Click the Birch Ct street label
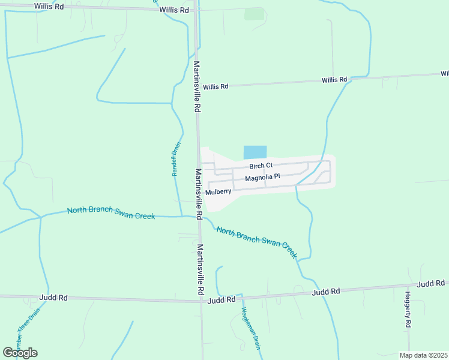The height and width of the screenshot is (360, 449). [x=261, y=166]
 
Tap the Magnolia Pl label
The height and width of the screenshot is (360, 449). [x=262, y=178]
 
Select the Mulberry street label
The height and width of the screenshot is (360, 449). [x=218, y=192]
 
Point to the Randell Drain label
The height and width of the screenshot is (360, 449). [x=175, y=158]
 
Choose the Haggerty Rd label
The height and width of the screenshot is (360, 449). [x=407, y=310]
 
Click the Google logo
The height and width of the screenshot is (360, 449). [x=20, y=353]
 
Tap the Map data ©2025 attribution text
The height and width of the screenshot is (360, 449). [x=423, y=355]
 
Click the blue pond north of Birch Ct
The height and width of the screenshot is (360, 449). [x=255, y=152]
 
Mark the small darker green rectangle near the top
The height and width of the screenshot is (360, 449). [x=254, y=14]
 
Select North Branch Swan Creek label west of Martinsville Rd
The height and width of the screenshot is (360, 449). [x=111, y=212]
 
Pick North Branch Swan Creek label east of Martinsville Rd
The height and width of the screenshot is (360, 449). [x=256, y=239]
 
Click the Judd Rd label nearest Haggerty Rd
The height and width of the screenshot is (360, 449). [x=431, y=283]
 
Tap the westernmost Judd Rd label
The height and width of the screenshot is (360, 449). [x=52, y=297]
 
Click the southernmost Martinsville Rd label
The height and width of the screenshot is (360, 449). [x=201, y=269]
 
